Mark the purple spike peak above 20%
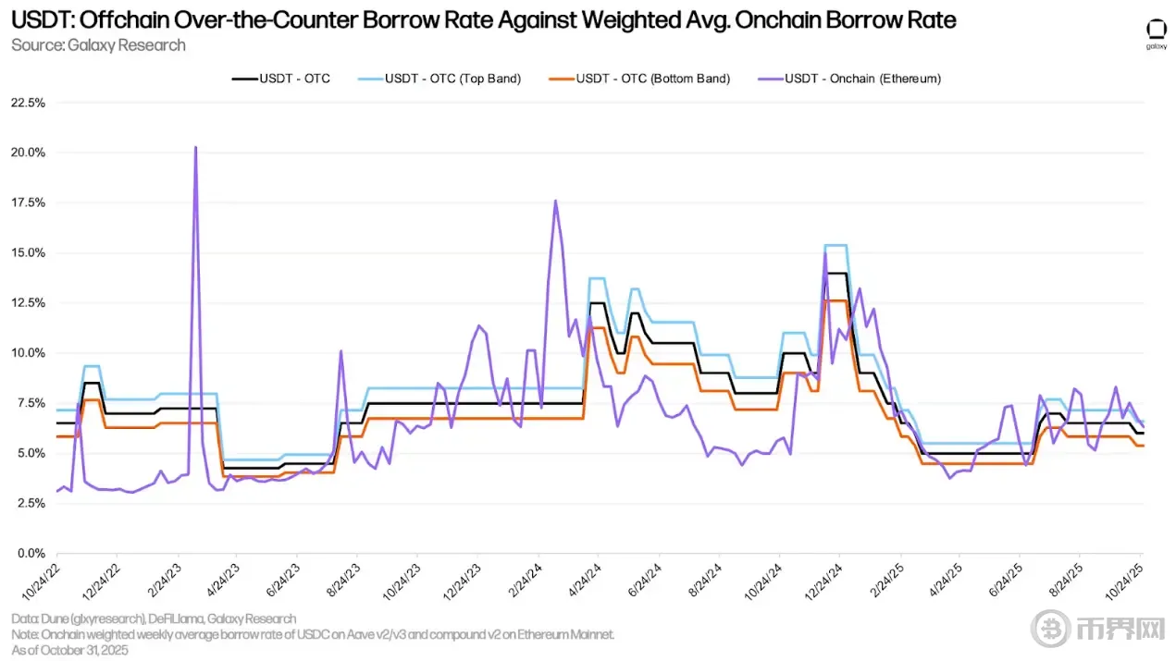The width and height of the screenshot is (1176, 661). pos(195,147)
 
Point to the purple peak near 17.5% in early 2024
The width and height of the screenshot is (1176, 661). pos(555,201)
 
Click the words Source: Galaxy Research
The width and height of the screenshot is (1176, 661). pos(98,44)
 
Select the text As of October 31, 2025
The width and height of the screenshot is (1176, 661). pos(69,650)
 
